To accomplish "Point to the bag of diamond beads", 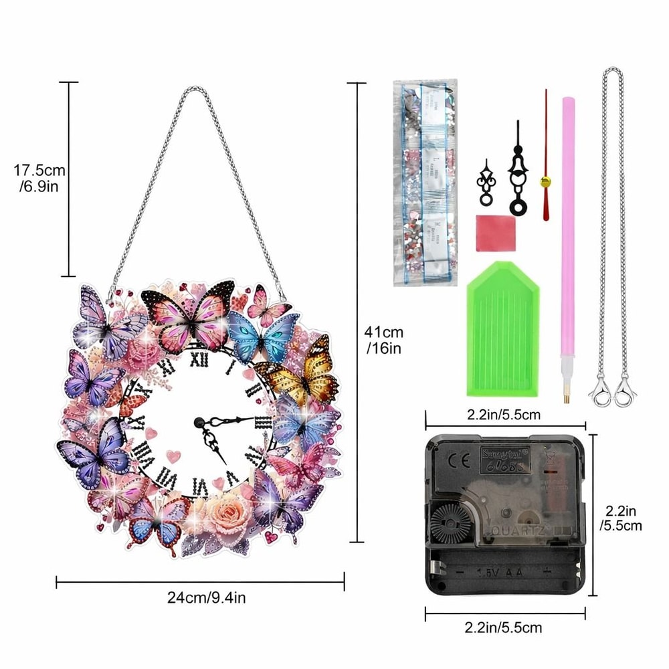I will (x=425, y=181).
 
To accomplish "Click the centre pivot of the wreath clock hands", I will (x=199, y=421).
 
